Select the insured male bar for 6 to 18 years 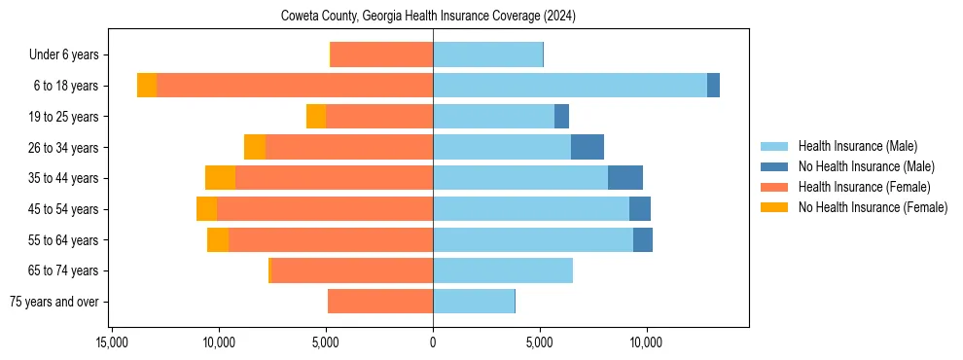click(570, 85)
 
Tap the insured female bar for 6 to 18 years click(295, 85)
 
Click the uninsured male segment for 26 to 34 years click(588, 147)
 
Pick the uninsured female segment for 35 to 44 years click(220, 178)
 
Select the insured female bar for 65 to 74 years click(352, 270)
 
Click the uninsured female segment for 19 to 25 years click(316, 116)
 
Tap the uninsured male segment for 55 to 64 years click(643, 239)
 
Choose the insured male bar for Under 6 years click(487, 54)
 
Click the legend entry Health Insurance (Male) click(857, 146)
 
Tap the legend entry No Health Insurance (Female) click(873, 207)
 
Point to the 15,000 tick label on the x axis click(113, 342)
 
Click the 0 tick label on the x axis click(433, 342)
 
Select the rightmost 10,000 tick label click(647, 342)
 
